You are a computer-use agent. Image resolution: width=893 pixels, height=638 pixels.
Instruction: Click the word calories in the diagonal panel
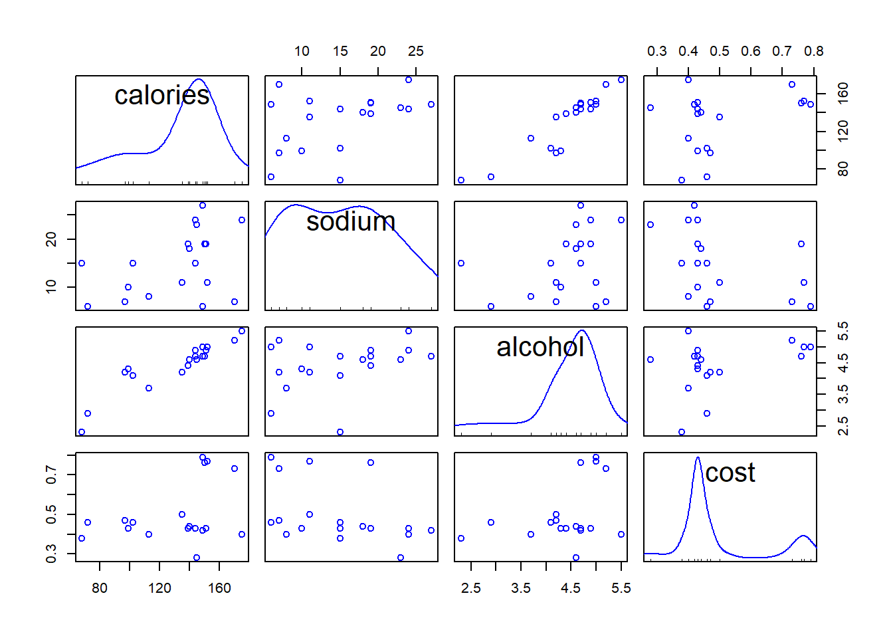click(161, 96)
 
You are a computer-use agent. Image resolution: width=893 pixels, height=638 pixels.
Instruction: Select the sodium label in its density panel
click(350, 221)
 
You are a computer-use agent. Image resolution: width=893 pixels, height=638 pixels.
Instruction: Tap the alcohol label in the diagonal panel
click(540, 347)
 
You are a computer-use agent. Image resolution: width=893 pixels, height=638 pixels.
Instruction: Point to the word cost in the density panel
click(730, 473)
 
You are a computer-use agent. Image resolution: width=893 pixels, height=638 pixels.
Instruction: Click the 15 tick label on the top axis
click(340, 51)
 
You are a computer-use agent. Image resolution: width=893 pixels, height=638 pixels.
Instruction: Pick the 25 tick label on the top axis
click(416, 51)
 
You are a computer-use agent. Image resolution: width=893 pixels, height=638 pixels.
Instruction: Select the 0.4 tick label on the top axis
click(688, 51)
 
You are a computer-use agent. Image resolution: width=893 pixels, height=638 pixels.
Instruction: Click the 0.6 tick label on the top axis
click(751, 51)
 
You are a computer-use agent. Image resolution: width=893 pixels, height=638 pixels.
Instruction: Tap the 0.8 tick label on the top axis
click(813, 51)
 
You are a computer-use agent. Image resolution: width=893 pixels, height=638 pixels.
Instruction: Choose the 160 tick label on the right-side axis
click(843, 92)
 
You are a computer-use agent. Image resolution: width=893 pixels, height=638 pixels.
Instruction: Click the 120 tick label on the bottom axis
click(159, 588)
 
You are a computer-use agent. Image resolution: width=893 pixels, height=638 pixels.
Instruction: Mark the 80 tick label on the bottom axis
click(100, 588)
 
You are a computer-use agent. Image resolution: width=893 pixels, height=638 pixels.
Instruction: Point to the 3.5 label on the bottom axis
click(521, 588)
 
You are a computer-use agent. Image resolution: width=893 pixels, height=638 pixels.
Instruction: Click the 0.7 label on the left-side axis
click(51, 475)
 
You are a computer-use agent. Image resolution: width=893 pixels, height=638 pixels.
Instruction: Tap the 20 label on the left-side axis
click(51, 239)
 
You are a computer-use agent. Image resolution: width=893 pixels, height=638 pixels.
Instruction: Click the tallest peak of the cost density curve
click(698, 458)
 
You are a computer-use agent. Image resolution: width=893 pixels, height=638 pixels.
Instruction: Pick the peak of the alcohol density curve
click(582, 331)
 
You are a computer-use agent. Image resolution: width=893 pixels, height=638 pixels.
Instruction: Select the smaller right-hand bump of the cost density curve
click(803, 536)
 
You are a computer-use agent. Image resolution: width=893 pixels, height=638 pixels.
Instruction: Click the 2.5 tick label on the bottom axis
click(471, 588)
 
